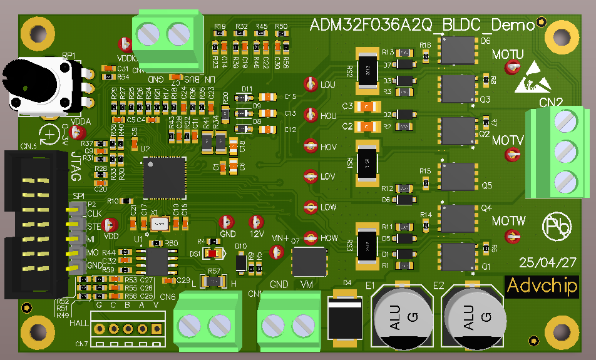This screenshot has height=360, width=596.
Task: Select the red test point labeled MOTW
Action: point(513,236)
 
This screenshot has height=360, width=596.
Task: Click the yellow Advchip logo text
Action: point(542,285)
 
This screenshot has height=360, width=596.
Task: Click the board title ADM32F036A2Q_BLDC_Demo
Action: point(423,25)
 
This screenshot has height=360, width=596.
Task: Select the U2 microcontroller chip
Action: point(164,177)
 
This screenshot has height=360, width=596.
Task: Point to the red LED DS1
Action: point(213,253)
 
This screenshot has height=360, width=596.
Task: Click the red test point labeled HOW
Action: point(310,238)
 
